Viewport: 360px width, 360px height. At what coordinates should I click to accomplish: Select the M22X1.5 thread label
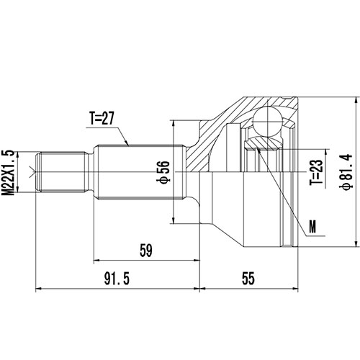click(9, 171)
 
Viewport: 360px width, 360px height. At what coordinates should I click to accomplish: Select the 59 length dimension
click(145, 251)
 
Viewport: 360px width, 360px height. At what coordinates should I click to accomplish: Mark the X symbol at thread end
click(30, 171)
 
